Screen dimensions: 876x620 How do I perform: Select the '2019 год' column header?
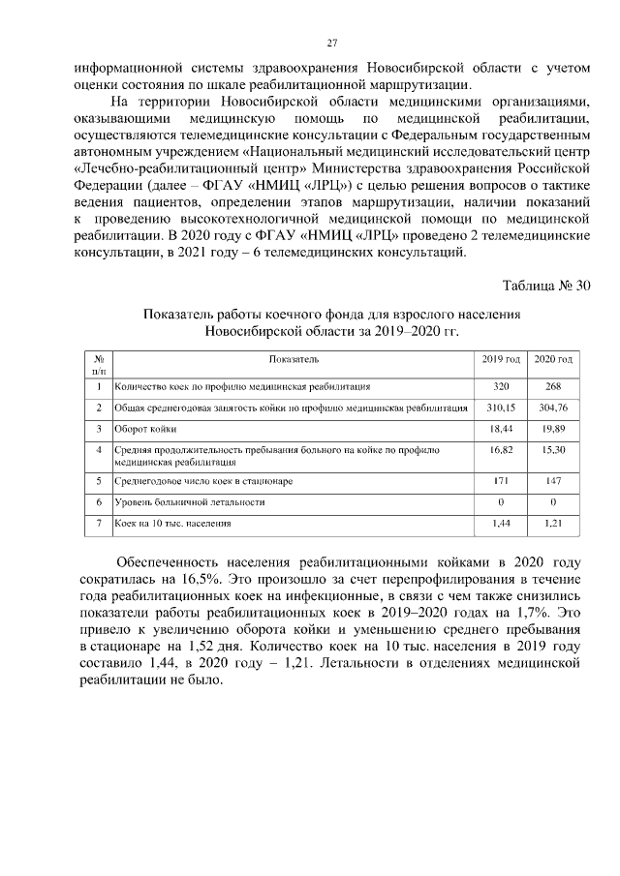(x=501, y=359)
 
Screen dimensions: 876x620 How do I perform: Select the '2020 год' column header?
(x=553, y=359)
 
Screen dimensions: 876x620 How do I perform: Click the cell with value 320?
(x=501, y=386)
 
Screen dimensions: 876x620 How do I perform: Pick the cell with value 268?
(x=553, y=386)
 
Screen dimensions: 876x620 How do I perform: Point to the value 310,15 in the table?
(x=501, y=407)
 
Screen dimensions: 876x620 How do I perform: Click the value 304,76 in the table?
(x=553, y=407)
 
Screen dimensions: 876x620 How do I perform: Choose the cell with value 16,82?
(x=501, y=450)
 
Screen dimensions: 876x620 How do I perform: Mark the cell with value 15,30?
(x=553, y=450)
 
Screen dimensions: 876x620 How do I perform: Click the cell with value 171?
(x=501, y=480)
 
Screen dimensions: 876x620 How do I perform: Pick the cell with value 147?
(x=553, y=480)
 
